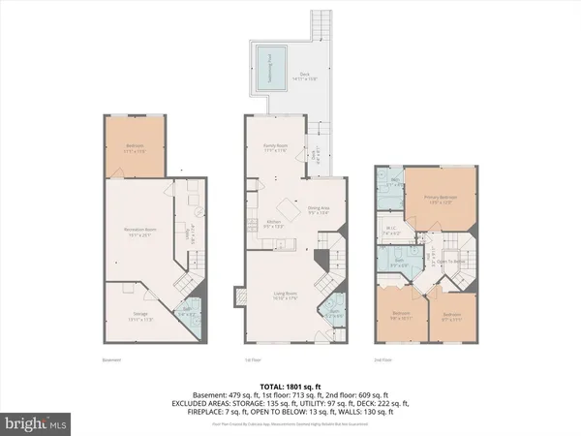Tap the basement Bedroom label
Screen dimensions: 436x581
pyautogui.click(x=135, y=148)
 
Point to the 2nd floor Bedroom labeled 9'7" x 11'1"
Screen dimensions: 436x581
pyautogui.click(x=452, y=316)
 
